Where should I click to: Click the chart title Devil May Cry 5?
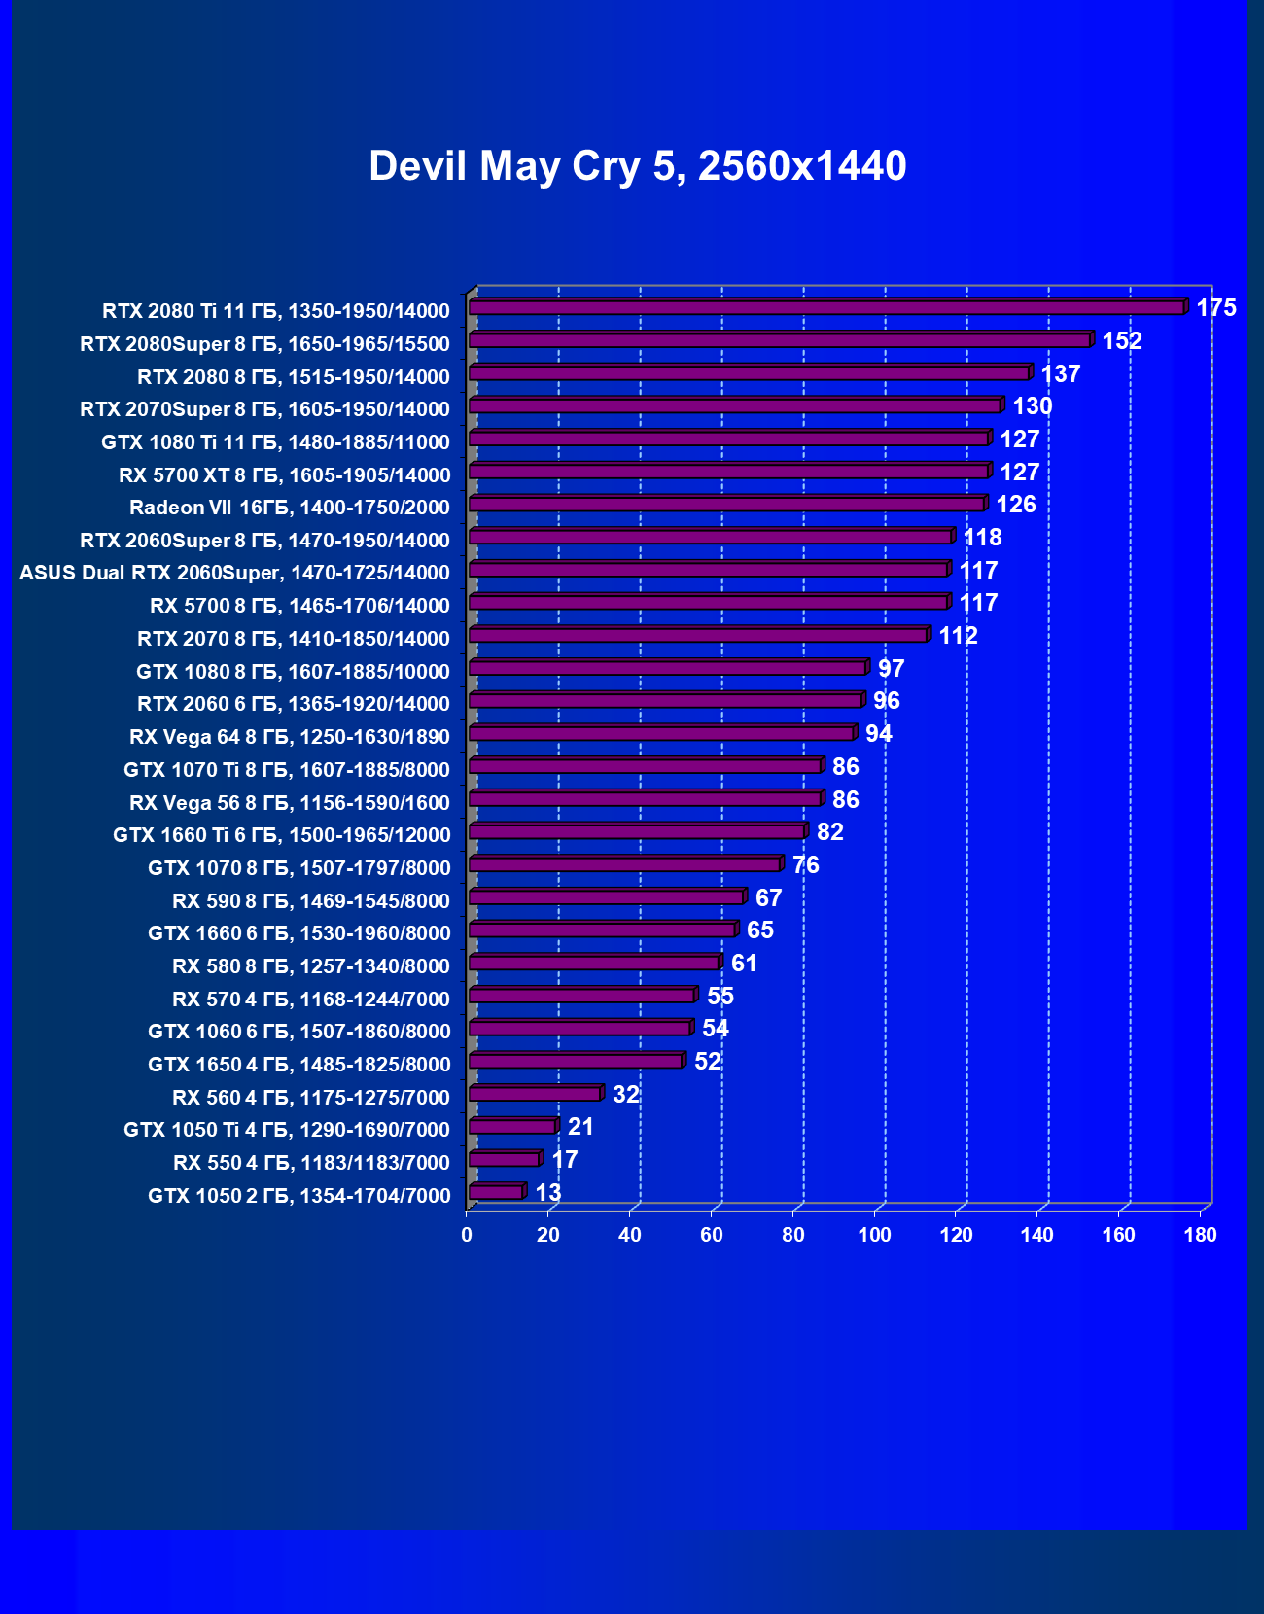coord(637,166)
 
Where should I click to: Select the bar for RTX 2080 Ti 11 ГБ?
coord(826,307)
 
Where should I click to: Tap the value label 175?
coord(1215,308)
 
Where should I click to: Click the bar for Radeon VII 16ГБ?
coord(727,504)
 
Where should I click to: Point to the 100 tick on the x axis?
coord(875,1235)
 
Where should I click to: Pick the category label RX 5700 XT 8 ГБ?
coord(284,475)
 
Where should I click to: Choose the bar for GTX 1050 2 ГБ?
coord(496,1192)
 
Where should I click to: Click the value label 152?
coord(1121,341)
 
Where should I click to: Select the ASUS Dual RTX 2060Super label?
coord(234,573)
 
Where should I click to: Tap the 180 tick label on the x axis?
coord(1201,1235)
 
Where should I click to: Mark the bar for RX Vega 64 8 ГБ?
coord(661,733)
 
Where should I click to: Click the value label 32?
coord(625,1095)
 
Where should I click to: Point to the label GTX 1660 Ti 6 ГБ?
coord(281,835)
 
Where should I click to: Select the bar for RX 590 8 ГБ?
coord(607,896)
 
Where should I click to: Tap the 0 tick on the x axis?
coord(467,1235)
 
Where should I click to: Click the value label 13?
coord(547,1193)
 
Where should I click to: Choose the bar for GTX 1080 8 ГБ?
coord(668,668)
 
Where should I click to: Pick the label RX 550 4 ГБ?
coord(311,1163)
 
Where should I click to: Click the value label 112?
coord(958,636)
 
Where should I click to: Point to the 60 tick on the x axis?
coord(712,1235)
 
